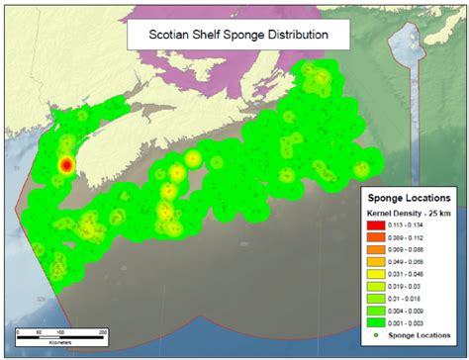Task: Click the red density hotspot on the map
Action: (66, 165)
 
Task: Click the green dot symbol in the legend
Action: (379, 336)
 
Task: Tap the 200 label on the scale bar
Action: (104, 331)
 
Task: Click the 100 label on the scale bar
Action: (60, 331)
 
